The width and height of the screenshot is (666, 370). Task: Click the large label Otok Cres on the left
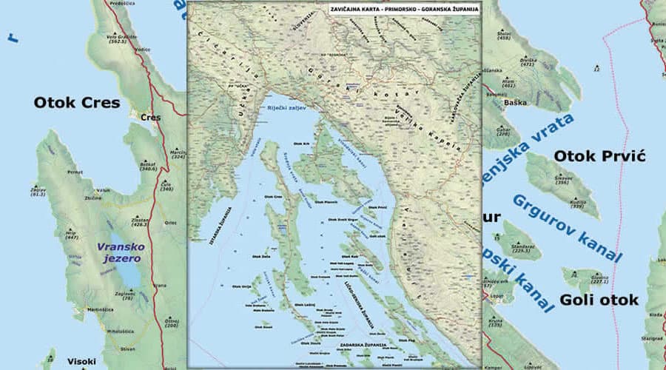point(76,103)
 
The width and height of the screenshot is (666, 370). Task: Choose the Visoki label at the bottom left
point(81,361)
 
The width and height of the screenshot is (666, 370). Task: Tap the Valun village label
point(103,190)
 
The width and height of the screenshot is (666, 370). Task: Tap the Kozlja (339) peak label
point(579,203)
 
